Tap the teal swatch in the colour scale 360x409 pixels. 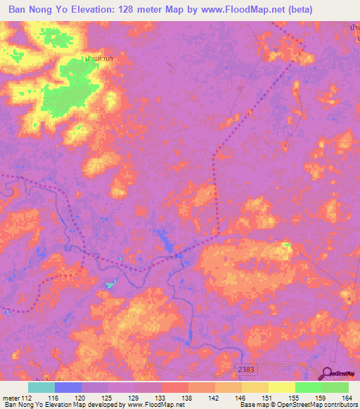point(41,387)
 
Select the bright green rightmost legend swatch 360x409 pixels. point(335,387)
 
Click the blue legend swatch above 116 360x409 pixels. point(67,387)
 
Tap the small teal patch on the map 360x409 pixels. point(110,285)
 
